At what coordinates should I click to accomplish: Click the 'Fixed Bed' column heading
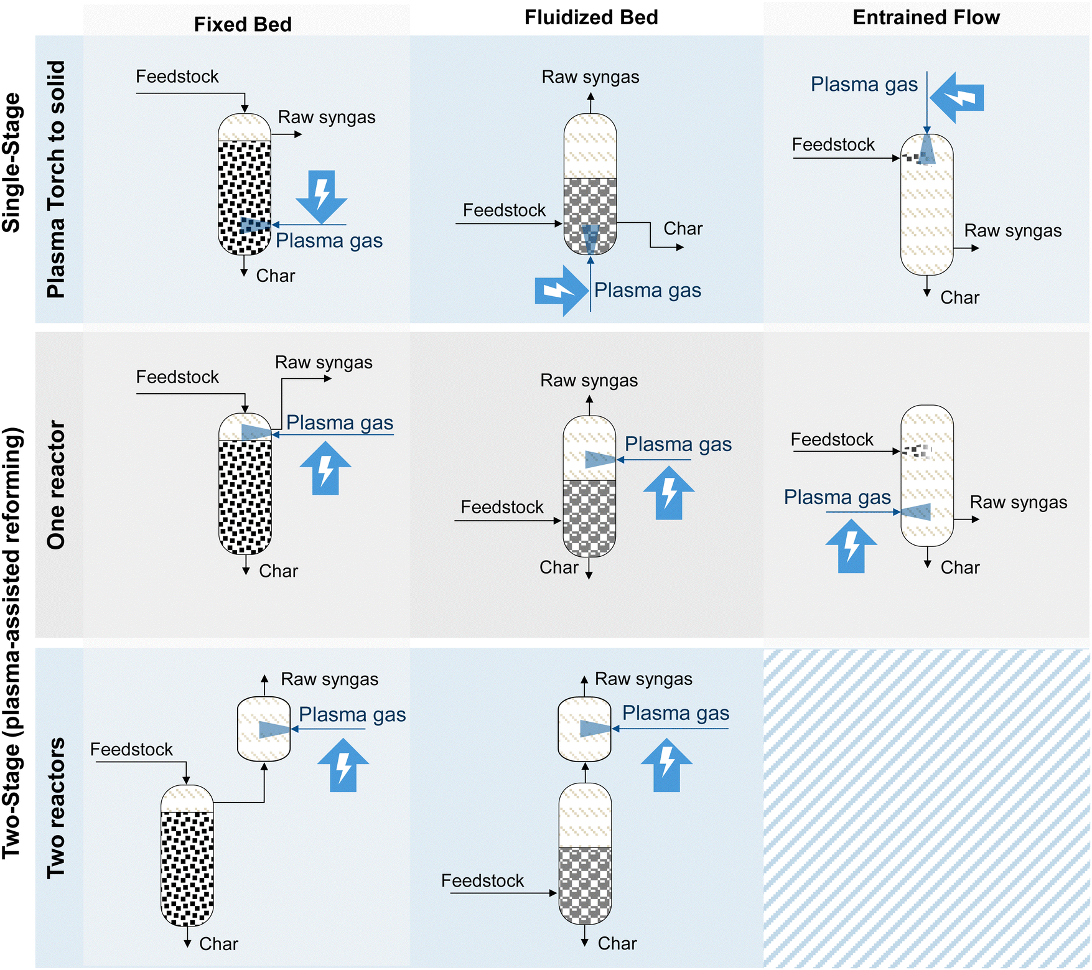tap(243, 24)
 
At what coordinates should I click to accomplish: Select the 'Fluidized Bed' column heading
tap(591, 17)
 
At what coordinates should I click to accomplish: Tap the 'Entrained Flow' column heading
tap(926, 17)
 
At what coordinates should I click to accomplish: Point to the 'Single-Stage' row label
tap(12, 163)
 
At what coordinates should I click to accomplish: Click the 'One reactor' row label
tap(56, 485)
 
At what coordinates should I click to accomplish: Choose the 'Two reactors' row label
tap(56, 808)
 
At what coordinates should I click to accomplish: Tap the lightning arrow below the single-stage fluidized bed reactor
tap(561, 291)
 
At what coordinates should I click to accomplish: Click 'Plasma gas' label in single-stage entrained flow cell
tap(864, 84)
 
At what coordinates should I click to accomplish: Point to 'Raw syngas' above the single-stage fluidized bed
tap(590, 77)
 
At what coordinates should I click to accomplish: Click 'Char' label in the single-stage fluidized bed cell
tap(683, 228)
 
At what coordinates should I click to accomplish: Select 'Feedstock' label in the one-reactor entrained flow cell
tap(832, 439)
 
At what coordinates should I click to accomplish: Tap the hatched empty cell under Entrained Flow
tap(926, 808)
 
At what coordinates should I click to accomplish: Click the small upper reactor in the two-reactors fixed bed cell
tap(264, 729)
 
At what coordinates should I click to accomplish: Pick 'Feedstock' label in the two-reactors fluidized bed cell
tap(482, 880)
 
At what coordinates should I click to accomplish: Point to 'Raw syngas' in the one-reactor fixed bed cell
tap(324, 363)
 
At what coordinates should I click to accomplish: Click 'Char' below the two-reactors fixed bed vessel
tap(218, 944)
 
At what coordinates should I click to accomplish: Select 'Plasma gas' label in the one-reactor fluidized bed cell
tap(678, 444)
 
